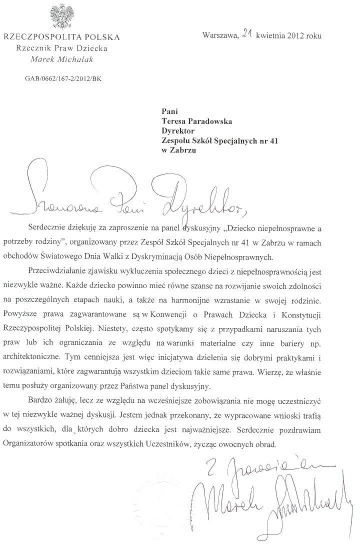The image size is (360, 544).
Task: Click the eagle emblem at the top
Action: pyautogui.click(x=62, y=16)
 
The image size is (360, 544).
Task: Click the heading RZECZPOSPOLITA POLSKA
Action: pyautogui.click(x=61, y=37)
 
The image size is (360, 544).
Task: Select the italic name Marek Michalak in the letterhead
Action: pyautogui.click(x=62, y=59)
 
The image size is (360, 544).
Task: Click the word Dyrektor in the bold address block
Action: pyautogui.click(x=177, y=131)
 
